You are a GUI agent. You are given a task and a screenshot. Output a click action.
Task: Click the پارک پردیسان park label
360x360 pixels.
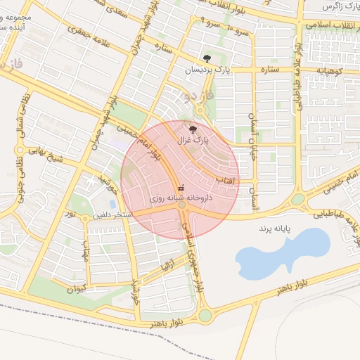click(207, 70)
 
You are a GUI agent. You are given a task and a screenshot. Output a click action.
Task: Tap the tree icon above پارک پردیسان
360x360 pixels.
click(206, 58)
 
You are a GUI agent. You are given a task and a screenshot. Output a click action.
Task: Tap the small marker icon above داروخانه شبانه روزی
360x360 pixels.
click(181, 188)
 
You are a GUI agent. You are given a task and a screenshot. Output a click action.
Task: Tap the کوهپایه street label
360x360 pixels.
click(330, 71)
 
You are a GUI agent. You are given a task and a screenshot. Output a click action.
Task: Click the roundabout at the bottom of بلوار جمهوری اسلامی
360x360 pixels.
click(205, 315)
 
